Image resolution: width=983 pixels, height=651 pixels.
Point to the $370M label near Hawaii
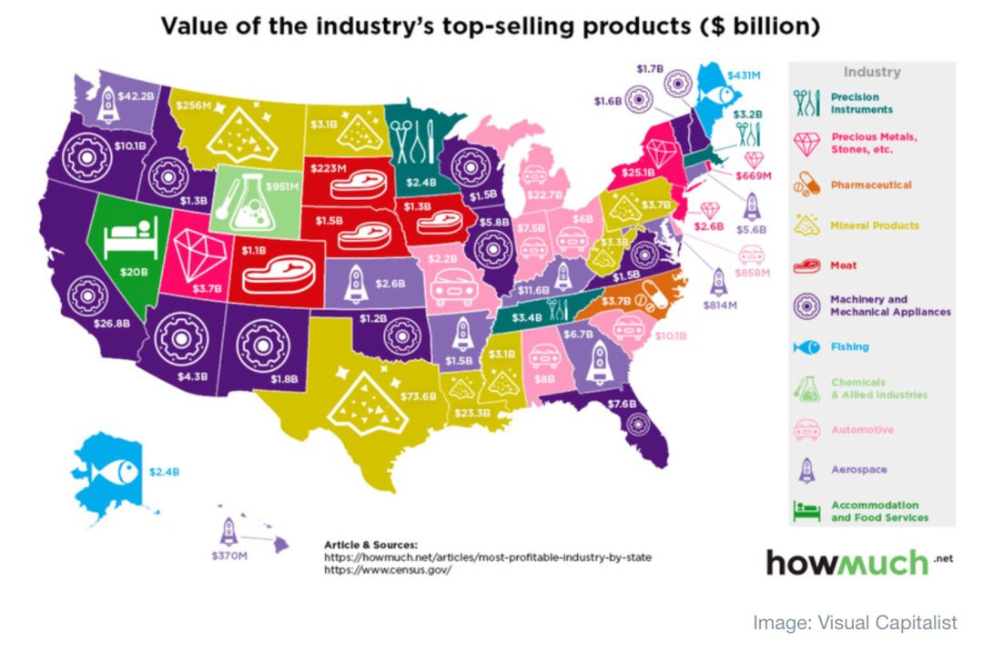click(x=229, y=554)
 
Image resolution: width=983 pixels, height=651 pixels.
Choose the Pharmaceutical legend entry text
click(x=870, y=185)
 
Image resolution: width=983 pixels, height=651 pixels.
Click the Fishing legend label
click(x=849, y=346)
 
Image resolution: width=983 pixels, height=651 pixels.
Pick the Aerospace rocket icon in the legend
click(x=806, y=469)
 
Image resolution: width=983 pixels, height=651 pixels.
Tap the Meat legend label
click(x=844, y=265)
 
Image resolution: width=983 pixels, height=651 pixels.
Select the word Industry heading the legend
click(x=871, y=72)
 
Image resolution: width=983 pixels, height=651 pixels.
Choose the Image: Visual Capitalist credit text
click(x=855, y=623)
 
